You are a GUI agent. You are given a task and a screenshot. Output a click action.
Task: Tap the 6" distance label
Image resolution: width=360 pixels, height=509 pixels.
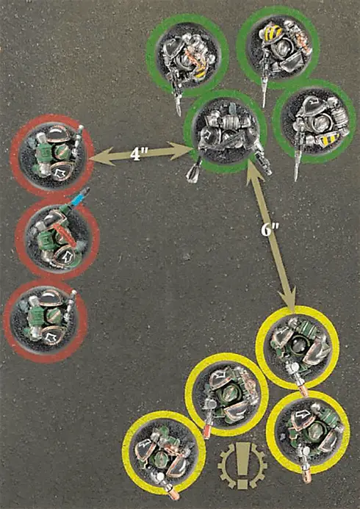coord(268,229)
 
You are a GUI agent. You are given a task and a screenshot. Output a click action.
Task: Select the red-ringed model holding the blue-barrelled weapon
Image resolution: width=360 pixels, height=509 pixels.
coord(57,239)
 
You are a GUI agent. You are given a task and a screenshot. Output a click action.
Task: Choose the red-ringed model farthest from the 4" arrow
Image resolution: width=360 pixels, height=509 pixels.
coord(45,320)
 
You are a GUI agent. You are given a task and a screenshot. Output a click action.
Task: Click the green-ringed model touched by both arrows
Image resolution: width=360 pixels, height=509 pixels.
coord(225,132)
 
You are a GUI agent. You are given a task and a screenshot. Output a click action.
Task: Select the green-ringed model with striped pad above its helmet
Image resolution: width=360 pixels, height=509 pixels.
coord(278,48)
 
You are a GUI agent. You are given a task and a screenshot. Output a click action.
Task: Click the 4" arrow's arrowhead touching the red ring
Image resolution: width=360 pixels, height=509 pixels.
coord(101,158)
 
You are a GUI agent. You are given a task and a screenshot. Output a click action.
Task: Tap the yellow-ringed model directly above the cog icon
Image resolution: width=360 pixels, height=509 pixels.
coord(226,394)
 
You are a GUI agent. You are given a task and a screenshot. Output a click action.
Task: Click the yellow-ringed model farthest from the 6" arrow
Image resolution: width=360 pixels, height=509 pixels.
coord(164,452)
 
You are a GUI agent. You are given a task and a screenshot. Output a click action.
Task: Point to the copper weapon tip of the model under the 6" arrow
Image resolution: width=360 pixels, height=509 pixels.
coord(304,391)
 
